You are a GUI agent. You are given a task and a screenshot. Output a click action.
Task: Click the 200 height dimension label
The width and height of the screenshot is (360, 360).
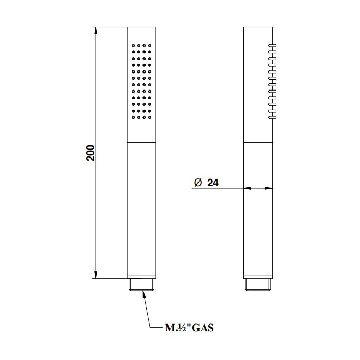[x=91, y=153]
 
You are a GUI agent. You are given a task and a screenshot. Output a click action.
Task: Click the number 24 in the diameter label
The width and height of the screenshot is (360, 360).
[x=213, y=183]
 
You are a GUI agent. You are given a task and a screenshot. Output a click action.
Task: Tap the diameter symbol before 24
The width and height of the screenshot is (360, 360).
[x=197, y=183]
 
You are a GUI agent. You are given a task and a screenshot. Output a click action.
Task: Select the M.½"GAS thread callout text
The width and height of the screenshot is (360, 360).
[x=189, y=328]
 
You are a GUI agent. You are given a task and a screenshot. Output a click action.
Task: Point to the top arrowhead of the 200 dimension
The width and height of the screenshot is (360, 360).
[x=96, y=31]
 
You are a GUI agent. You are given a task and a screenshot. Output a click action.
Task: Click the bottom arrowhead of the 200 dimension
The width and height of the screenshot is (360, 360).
[x=96, y=275]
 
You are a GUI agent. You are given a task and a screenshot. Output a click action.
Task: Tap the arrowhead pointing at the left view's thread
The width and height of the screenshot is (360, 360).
[x=144, y=294]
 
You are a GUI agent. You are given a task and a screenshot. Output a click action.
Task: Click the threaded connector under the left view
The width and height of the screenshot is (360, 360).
[x=141, y=285]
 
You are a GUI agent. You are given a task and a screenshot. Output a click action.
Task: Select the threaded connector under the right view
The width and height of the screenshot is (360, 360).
[x=258, y=285]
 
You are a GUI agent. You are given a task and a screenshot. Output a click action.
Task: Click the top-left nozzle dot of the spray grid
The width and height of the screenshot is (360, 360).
[x=133, y=45]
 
